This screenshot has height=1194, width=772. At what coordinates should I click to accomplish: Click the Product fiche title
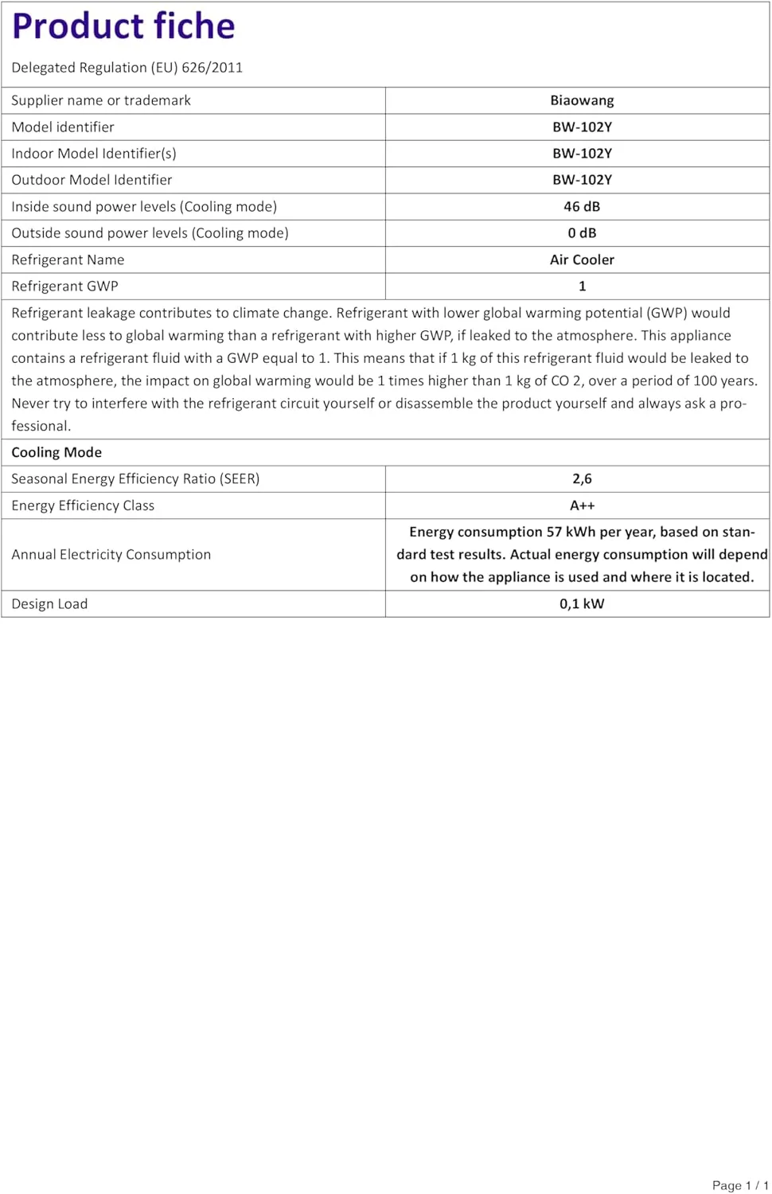pos(123,26)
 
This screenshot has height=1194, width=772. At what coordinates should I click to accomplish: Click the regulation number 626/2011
pos(212,68)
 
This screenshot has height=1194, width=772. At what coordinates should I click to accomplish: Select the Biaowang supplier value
pos(582,100)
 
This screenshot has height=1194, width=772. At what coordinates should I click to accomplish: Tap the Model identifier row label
pos(63,127)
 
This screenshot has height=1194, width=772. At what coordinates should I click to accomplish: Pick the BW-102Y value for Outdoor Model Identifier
pos(582,180)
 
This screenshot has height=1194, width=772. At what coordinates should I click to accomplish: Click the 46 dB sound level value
pos(582,207)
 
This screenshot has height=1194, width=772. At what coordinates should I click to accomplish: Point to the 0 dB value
pos(582,233)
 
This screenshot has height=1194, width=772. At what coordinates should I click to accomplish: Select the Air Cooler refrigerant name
pos(582,259)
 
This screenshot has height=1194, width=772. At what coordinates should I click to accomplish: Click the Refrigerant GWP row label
pos(64,287)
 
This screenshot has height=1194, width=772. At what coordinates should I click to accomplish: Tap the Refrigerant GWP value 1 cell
pos(582,287)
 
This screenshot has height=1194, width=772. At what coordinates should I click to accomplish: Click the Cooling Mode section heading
pos(57,452)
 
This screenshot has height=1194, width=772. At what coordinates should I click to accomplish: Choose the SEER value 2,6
pos(582,479)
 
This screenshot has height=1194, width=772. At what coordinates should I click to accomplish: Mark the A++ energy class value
pos(582,505)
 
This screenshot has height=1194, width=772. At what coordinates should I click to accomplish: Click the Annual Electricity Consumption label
pos(111,555)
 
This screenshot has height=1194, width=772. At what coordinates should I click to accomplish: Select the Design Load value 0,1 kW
pos(582,603)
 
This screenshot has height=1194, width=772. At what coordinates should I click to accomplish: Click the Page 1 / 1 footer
pos(739,1185)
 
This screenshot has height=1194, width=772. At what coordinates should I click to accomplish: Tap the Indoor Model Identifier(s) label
pos(94,154)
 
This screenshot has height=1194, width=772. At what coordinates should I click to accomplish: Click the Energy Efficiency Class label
pos(83,505)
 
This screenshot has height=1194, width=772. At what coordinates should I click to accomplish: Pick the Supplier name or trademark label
pos(101,100)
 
